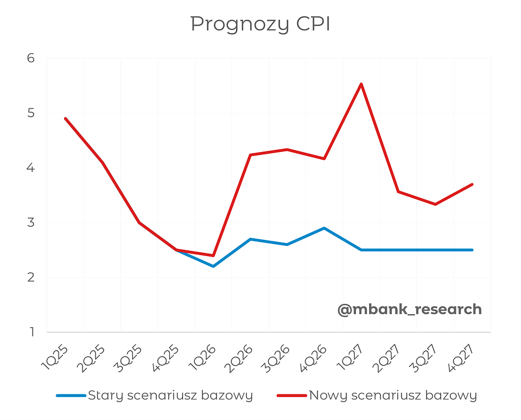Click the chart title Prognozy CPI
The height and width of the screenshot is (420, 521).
260,24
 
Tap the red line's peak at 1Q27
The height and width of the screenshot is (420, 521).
361,84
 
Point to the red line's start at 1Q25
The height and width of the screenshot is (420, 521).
65,118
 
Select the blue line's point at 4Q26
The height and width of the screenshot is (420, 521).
324,228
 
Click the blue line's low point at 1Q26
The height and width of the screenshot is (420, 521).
213,266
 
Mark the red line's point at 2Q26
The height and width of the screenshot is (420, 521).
250,155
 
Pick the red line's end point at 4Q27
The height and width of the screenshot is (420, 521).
472,184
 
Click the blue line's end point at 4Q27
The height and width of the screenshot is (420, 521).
472,250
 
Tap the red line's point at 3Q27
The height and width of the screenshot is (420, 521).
435,204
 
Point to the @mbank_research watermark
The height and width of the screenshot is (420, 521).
409,309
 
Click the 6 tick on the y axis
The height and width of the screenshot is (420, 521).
30,58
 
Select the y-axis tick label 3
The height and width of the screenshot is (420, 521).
30,222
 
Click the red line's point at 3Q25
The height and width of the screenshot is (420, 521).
139,222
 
